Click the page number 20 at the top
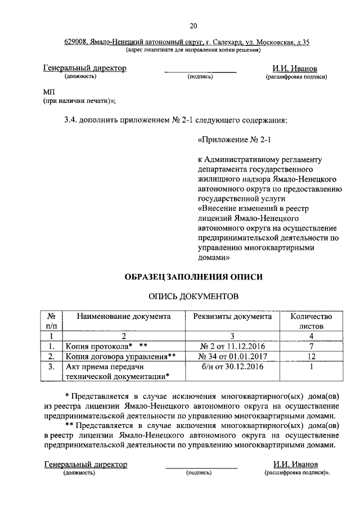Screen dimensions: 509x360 pos(194,25)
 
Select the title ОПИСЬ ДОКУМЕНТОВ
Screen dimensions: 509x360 pos(193,295)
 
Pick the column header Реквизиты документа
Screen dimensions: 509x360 pos(232,317)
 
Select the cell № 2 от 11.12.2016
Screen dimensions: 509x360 pos(232,346)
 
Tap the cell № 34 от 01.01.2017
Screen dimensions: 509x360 pos(232,356)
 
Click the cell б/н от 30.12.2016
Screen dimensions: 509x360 pos(232,367)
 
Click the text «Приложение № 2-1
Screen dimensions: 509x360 pos(231,138)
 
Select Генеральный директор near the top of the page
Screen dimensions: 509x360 pos(84,68)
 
